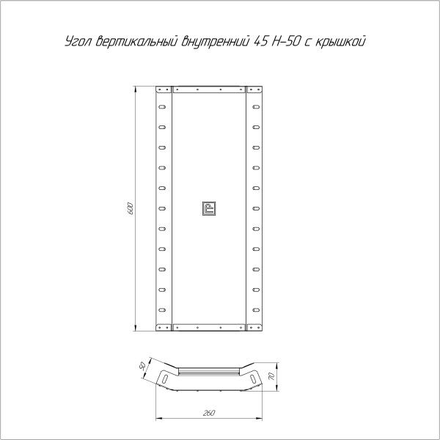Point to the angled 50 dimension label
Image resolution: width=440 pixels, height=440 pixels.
[x=143, y=365]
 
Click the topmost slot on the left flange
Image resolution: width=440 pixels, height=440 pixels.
[x=163, y=106]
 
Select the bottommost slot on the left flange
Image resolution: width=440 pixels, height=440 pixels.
[x=163, y=309]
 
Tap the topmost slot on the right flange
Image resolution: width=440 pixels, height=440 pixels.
[x=255, y=106]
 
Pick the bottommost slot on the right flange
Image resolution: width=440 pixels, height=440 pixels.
[x=255, y=309]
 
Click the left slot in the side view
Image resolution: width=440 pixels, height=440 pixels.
[x=167, y=378]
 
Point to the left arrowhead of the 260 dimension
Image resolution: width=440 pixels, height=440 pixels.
[x=158, y=419]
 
